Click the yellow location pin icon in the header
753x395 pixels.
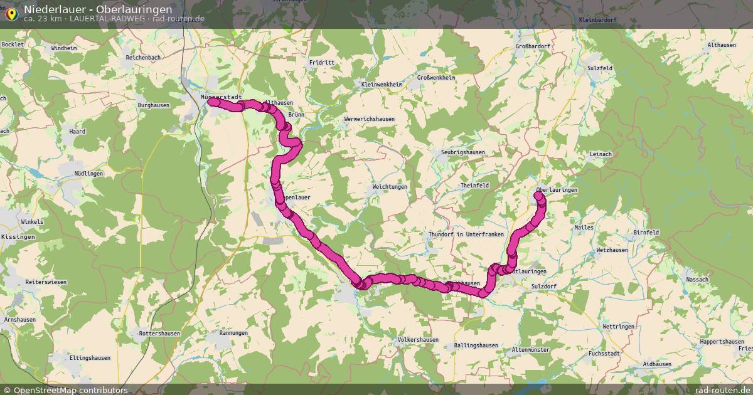11,14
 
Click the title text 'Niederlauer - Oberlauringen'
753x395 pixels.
98,9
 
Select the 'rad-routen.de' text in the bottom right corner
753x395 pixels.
727,390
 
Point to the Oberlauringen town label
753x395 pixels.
557,189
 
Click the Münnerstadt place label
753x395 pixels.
221,97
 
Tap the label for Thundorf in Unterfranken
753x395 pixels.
466,234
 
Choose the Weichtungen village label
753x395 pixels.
390,187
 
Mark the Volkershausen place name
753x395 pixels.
418,340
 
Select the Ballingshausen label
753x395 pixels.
476,345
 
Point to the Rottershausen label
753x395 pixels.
159,334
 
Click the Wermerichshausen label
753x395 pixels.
369,119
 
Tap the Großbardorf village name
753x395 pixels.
533,46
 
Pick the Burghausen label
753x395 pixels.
153,105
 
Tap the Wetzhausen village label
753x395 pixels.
612,250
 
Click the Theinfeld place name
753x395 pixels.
474,186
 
